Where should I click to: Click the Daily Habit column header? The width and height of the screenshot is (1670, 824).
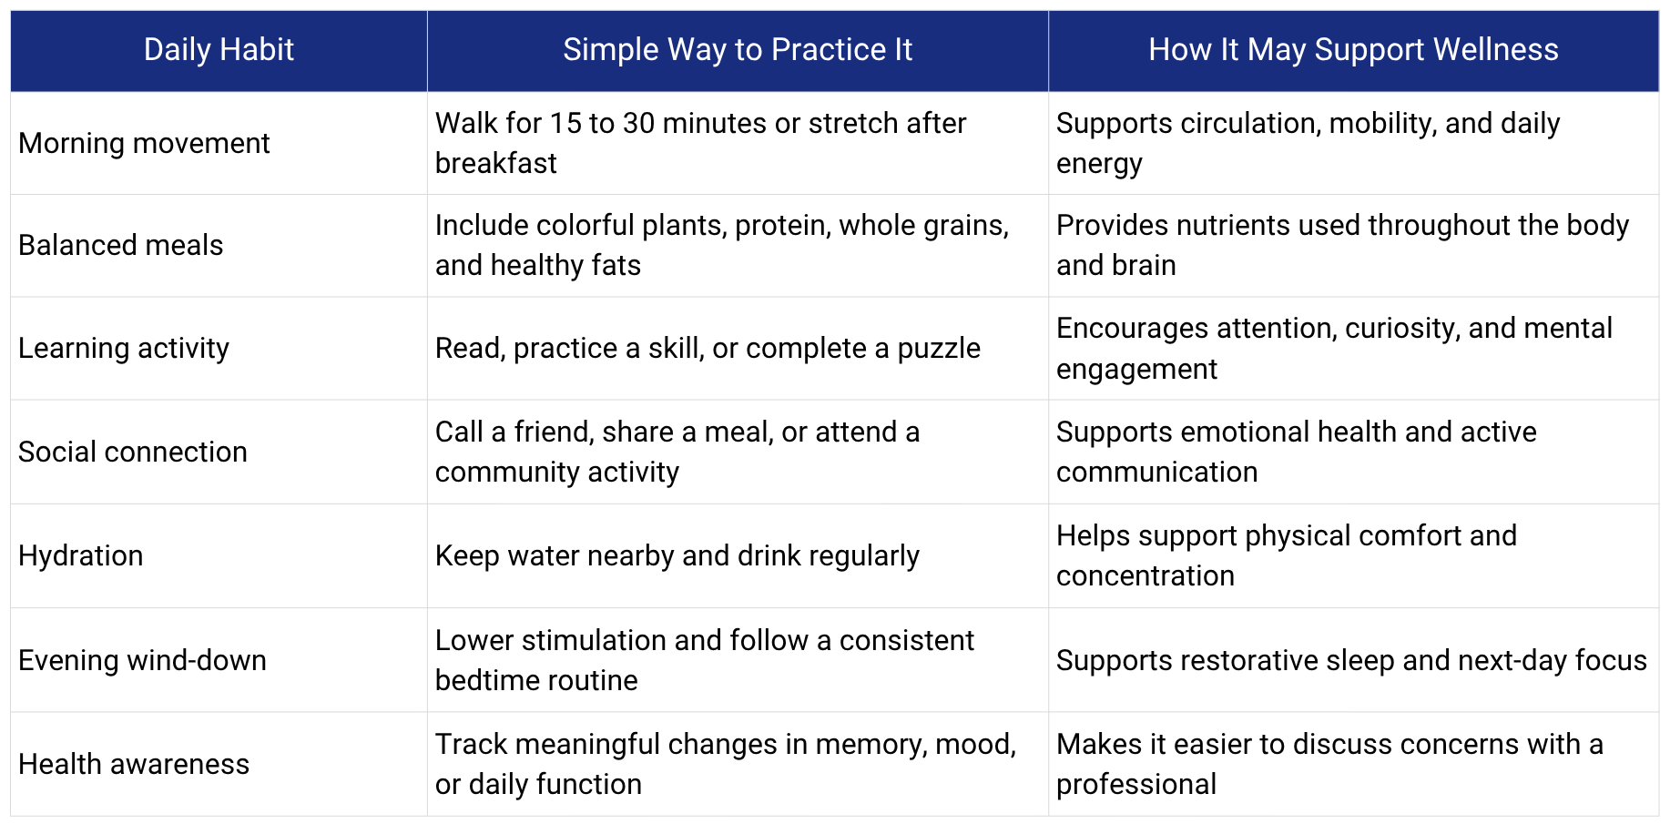click(219, 50)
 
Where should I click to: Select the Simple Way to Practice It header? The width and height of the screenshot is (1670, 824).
click(738, 50)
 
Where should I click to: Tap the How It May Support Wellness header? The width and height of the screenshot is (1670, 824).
click(1353, 50)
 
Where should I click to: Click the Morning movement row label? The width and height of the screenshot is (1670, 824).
click(144, 143)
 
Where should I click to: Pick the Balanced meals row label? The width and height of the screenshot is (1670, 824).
click(120, 245)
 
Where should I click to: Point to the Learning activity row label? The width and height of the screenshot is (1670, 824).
click(124, 349)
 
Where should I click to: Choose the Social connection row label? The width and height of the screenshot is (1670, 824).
click(133, 452)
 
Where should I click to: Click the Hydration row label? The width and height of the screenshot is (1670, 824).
click(81, 556)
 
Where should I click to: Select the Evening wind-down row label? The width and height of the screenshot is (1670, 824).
click(142, 660)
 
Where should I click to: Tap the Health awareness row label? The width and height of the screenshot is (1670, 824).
click(134, 764)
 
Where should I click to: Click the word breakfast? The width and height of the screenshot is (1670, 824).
click(495, 164)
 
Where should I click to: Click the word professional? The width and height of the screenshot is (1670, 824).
click(1136, 785)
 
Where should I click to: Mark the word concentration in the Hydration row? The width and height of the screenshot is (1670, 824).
click(1146, 576)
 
